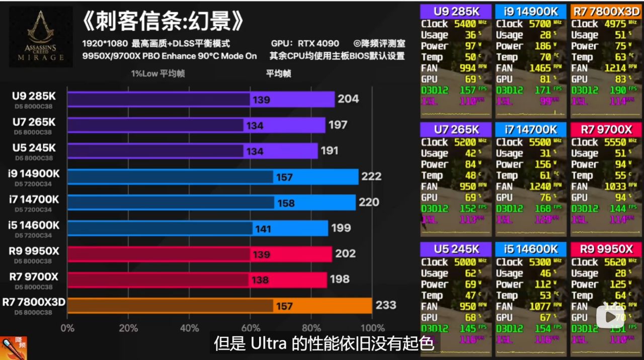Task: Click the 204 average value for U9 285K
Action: point(348,99)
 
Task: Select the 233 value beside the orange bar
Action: point(385,305)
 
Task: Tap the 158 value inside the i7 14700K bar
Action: point(286,203)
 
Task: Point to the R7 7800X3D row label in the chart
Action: point(34,302)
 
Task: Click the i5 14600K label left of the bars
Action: point(34,225)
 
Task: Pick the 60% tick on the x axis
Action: point(250,328)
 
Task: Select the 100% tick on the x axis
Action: point(372,328)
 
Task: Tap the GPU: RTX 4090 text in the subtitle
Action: point(305,43)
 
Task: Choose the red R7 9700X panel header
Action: point(606,130)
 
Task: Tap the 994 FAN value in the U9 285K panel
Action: point(467,68)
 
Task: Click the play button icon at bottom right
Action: point(610,317)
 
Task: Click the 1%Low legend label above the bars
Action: point(158,73)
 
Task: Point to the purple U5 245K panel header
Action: point(456,249)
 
